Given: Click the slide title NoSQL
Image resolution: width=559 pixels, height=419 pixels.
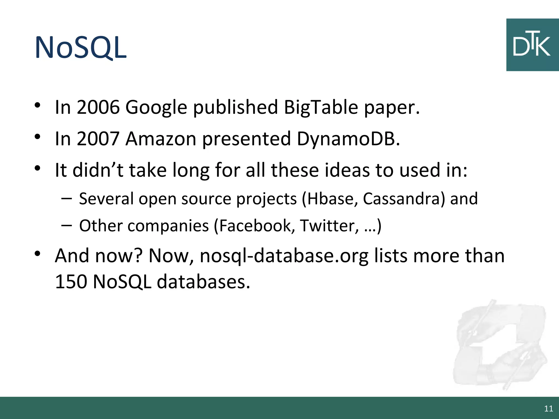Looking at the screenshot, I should (81, 48).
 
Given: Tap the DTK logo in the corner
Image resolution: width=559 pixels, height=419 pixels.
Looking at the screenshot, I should (532, 45).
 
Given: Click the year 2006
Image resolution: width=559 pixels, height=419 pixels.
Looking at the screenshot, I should (98, 107).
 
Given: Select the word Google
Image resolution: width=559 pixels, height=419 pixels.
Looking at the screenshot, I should (156, 107).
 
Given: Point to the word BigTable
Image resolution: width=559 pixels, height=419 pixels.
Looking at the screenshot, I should (321, 107).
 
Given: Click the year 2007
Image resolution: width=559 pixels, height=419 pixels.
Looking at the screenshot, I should (98, 139).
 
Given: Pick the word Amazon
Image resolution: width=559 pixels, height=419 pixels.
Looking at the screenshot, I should (161, 139).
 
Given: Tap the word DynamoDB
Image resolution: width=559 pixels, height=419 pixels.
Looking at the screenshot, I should (348, 139).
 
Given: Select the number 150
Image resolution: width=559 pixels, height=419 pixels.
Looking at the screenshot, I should (71, 282).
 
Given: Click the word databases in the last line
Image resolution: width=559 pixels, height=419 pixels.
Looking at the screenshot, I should (203, 282).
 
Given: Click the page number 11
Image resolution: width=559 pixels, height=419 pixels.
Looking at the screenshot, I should (548, 409).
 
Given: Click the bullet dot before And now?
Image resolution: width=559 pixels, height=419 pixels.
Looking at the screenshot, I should (38, 253).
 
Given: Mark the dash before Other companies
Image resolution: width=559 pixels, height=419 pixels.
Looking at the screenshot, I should (67, 226).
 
